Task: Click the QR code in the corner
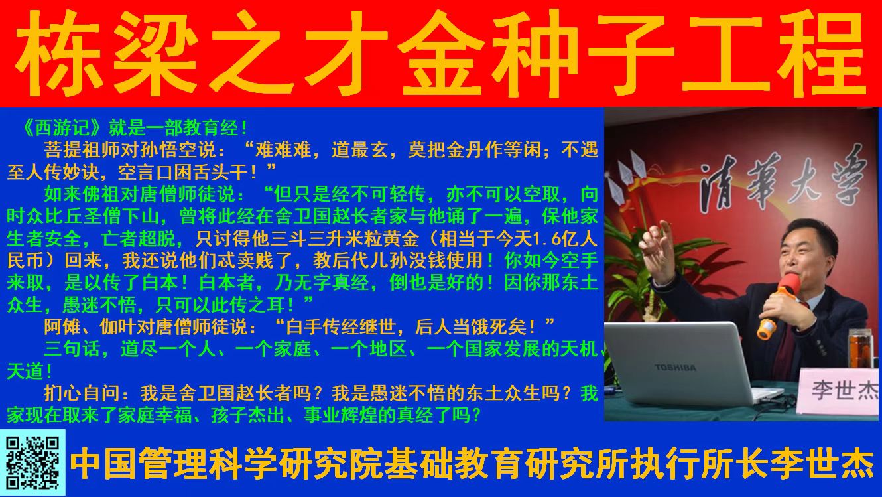click(x=32, y=462)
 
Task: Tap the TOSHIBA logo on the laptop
click(x=675, y=368)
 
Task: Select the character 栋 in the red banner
click(x=59, y=53)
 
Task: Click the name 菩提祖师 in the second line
click(x=82, y=150)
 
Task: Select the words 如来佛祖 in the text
click(x=82, y=194)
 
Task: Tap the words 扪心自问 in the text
click(x=82, y=393)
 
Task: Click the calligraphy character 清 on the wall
click(x=720, y=180)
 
